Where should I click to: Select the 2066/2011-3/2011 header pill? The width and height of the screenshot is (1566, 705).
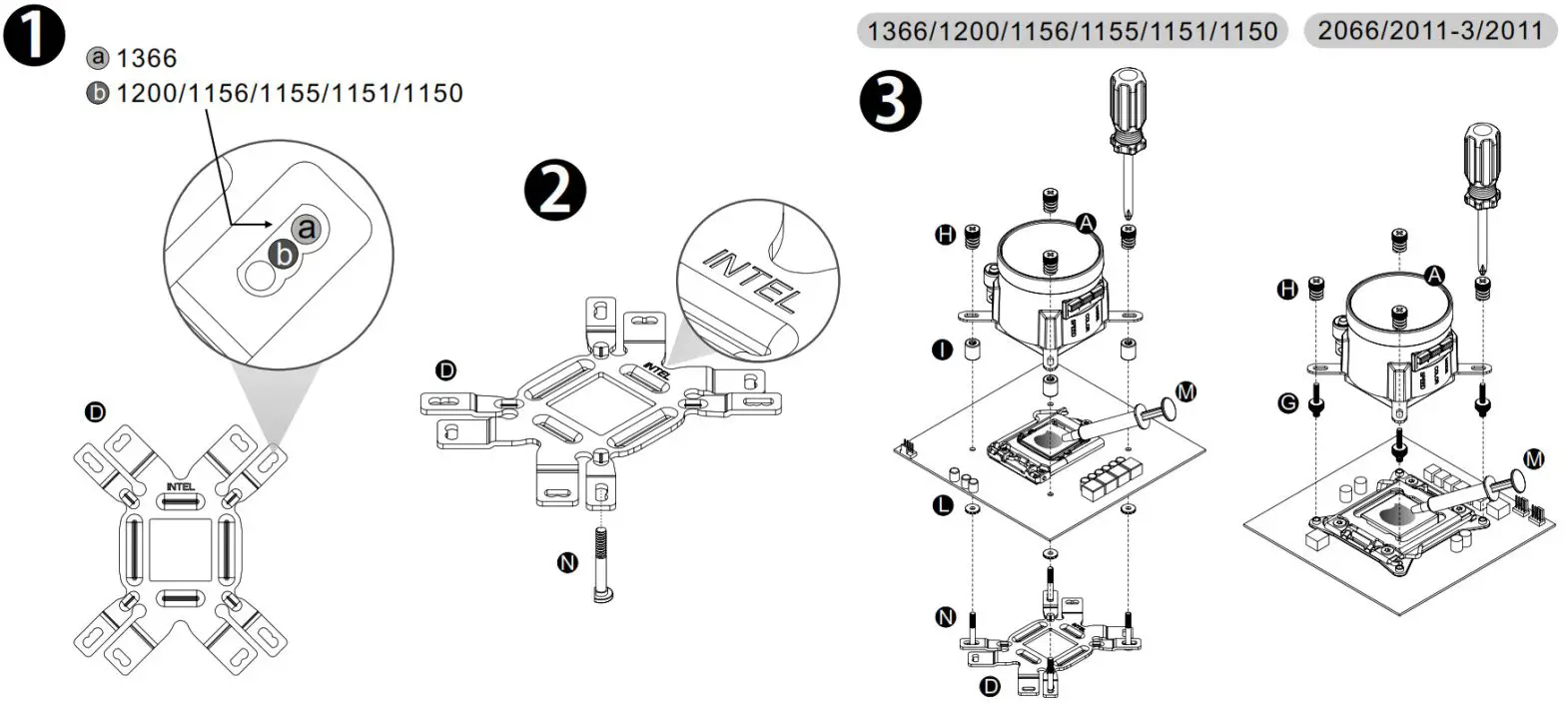pos(1429,31)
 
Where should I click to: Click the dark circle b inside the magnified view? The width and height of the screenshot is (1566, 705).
pos(285,255)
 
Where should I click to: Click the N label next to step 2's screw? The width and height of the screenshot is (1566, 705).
pos(566,562)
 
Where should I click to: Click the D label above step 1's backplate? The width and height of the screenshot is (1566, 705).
pos(95,411)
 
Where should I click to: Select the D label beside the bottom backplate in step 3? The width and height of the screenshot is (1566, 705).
pos(989,686)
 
